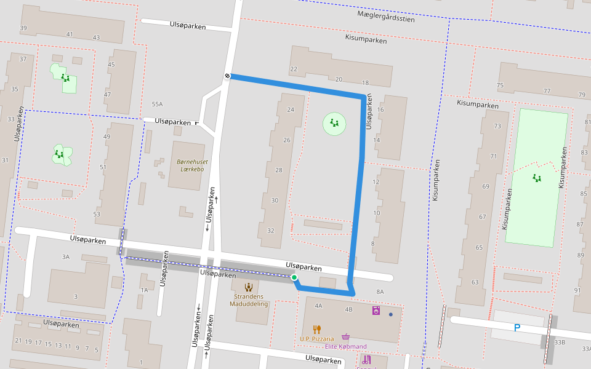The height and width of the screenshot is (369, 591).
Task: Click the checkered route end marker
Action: (227, 76)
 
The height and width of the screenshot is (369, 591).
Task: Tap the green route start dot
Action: (294, 278)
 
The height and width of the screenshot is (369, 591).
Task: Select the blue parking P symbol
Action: (517, 328)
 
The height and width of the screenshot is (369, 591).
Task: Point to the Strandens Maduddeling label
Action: (249, 300)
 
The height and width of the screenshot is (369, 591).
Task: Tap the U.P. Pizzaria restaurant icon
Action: (316, 329)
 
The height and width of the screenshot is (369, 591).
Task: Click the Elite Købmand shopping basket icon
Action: (346, 337)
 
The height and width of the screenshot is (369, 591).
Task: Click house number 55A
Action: (157, 105)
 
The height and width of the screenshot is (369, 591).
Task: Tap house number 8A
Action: (380, 292)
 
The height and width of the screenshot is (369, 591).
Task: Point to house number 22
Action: (294, 69)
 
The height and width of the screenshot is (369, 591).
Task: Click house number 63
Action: (475, 282)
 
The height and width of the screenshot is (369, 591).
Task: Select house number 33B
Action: (559, 342)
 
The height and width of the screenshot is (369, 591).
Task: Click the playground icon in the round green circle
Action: (334, 124)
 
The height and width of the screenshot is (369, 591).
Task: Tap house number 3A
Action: (66, 256)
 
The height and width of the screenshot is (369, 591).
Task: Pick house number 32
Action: (270, 230)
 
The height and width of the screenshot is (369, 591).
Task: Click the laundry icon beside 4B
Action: (376, 311)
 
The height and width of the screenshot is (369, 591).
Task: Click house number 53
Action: (96, 214)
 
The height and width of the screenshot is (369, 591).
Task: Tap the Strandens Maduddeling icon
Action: (249, 287)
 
